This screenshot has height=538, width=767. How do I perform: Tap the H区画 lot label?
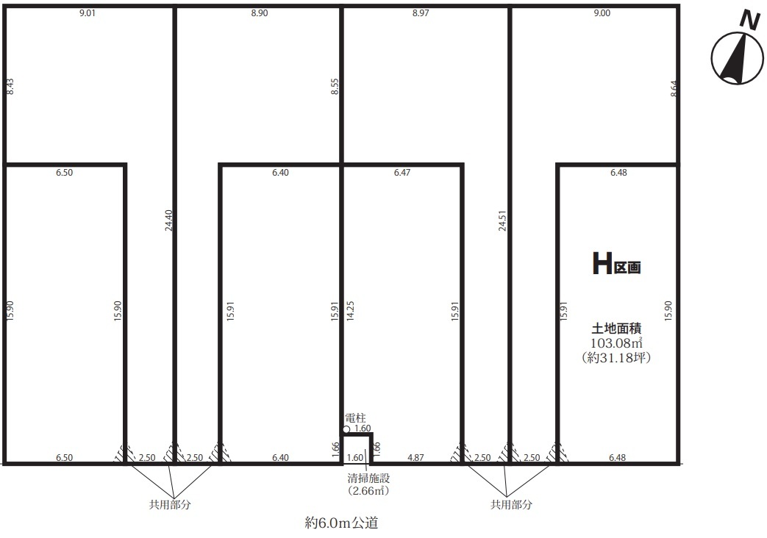click(x=616, y=264)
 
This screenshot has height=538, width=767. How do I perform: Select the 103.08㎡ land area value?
click(x=616, y=342)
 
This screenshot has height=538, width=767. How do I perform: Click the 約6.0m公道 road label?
click(x=341, y=523)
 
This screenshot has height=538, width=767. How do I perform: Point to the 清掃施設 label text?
click(x=368, y=478)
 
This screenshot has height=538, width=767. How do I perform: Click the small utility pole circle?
click(x=346, y=429)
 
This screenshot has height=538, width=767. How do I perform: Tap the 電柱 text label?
click(x=356, y=418)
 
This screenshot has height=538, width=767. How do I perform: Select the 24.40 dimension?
click(x=168, y=220)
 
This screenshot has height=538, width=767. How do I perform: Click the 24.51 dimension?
click(x=502, y=220)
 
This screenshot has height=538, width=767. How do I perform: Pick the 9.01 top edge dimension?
click(x=87, y=13)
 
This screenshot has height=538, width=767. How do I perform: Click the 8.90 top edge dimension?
click(x=260, y=13)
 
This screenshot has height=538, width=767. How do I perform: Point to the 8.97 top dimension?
click(x=421, y=13)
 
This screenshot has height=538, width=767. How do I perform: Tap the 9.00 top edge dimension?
click(x=602, y=13)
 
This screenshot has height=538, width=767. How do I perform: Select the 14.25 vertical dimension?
click(x=350, y=311)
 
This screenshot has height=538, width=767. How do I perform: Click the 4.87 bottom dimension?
click(x=415, y=458)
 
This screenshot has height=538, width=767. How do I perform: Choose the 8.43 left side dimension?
click(x=10, y=87)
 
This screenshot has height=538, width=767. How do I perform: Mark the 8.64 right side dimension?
click(x=674, y=88)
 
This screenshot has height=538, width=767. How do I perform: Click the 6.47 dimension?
click(x=402, y=173)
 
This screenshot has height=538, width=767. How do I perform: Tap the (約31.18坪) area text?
click(x=616, y=357)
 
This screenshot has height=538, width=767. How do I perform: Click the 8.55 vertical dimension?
click(x=335, y=87)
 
